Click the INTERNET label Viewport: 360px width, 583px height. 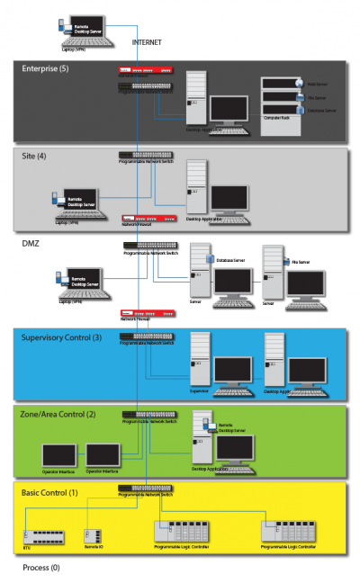148,42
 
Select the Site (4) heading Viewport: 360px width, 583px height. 34,157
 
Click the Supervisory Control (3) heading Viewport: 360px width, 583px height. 61,337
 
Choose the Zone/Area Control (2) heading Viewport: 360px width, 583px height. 58,414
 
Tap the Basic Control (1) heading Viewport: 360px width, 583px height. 49,492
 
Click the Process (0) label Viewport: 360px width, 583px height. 41,569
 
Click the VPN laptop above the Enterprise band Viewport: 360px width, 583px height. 82,31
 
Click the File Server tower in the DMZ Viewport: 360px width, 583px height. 272,272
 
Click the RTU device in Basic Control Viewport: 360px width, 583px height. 43,536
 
